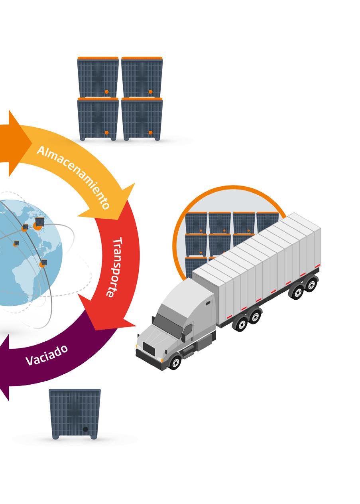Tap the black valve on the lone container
coord(85,429)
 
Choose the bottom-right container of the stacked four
coord(142,119)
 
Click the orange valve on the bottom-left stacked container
coord(106,132)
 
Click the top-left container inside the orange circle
coord(196,222)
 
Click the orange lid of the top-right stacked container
coord(142,58)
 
